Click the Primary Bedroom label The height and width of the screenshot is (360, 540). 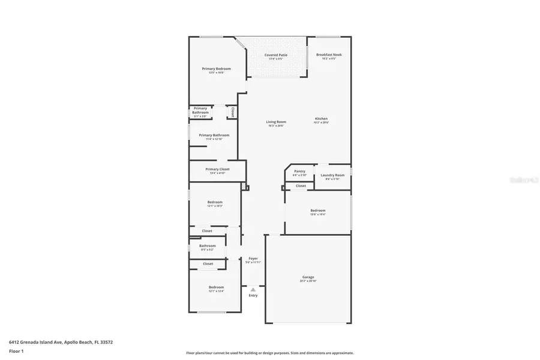216,69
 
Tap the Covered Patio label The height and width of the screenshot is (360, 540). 276,55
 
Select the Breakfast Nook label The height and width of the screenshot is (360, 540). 329,55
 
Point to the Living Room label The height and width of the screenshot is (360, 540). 276,122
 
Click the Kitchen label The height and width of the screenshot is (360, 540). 322,119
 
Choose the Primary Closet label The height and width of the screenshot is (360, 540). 217,169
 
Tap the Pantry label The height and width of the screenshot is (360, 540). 299,171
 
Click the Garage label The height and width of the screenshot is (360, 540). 308,277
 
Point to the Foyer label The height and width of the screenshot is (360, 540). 253,259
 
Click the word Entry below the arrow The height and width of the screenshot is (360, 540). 253,295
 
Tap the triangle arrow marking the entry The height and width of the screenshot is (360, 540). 253,289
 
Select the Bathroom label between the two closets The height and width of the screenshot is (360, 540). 208,245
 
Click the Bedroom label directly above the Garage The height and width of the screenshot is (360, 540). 318,211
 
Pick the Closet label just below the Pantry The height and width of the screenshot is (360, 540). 301,186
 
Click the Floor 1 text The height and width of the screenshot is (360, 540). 16,350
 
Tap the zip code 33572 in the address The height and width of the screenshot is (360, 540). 106,342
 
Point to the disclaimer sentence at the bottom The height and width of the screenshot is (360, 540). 269,353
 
